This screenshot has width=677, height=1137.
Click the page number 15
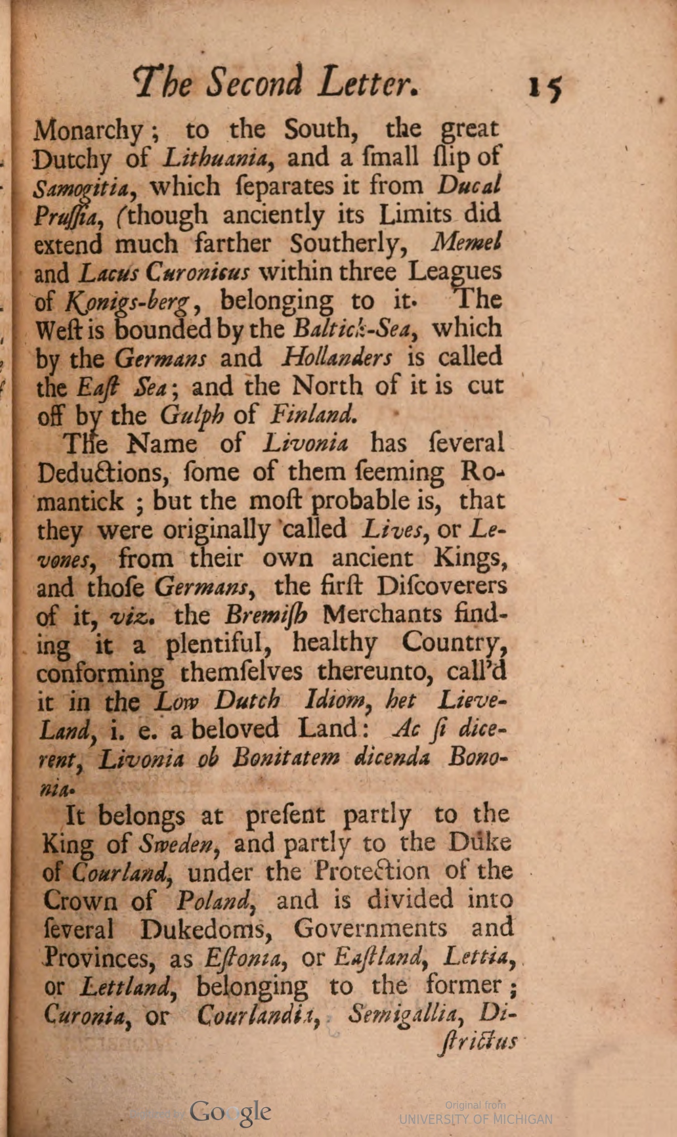[545, 87]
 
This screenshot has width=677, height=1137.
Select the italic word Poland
[215, 900]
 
